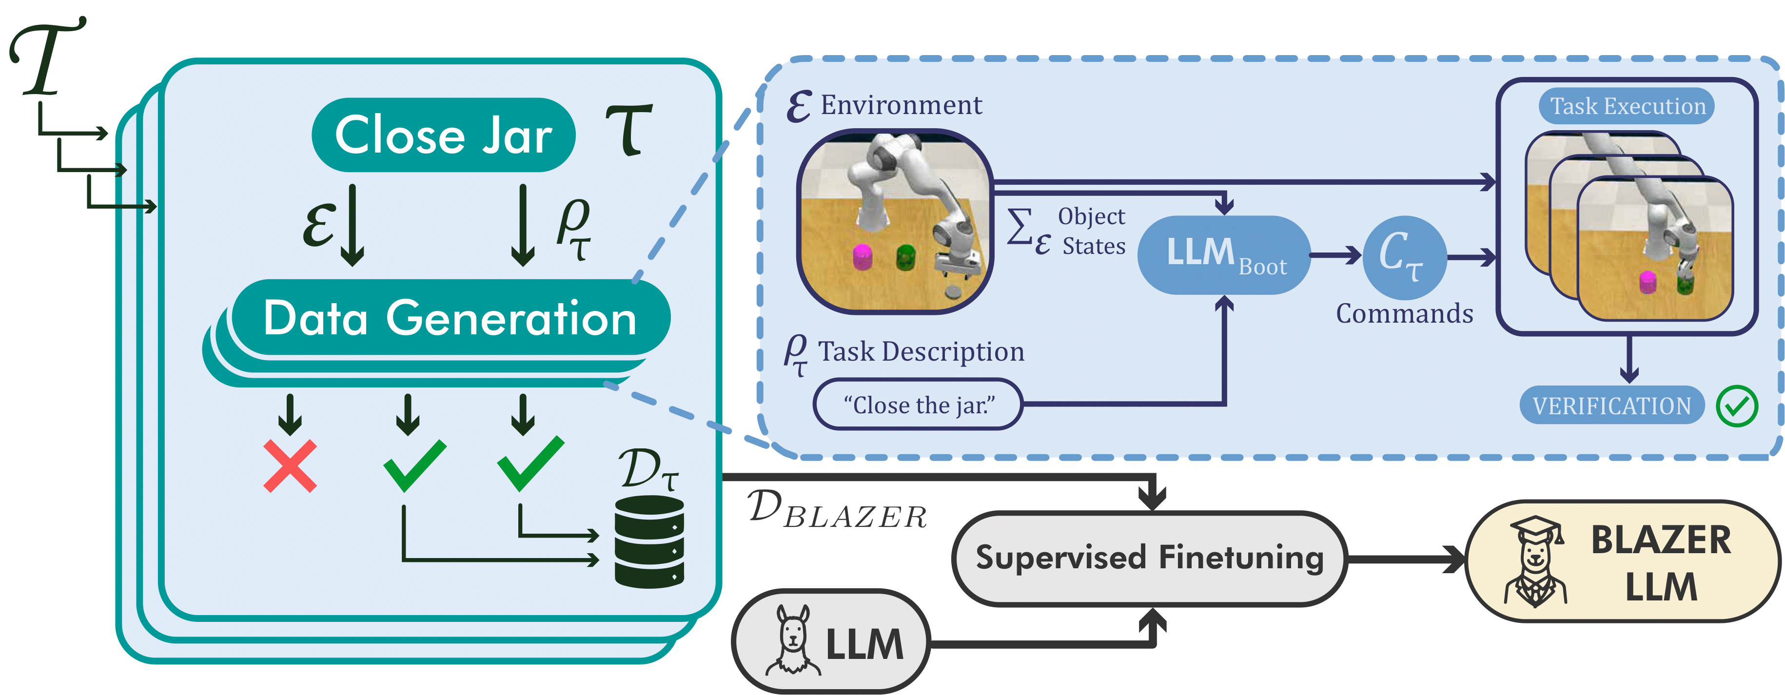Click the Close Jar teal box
(444, 135)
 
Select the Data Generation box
(451, 318)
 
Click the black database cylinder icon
(649, 542)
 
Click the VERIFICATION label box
(1611, 405)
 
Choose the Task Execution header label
(1627, 106)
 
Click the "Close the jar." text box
(918, 405)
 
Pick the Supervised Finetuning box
(1149, 558)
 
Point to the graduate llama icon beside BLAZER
(1535, 561)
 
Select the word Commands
(1405, 314)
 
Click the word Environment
(901, 105)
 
